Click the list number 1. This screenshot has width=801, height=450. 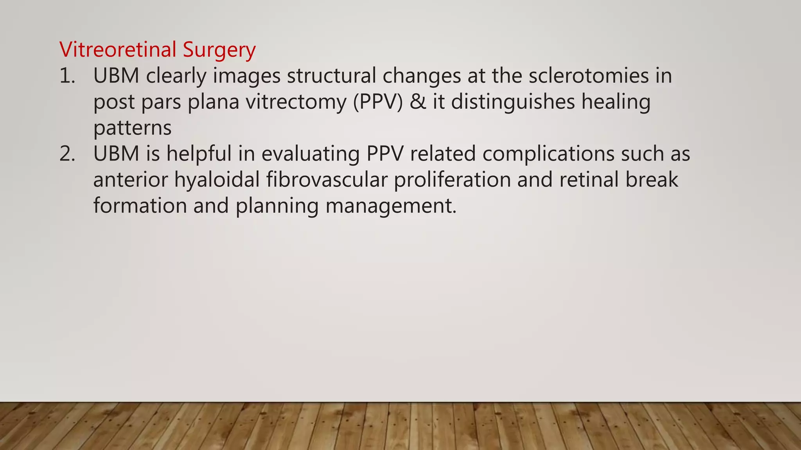click(x=67, y=76)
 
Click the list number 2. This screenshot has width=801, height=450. click(x=67, y=154)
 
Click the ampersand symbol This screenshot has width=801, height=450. click(x=418, y=102)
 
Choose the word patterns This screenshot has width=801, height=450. click(x=132, y=128)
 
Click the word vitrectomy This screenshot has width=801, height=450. click(x=296, y=102)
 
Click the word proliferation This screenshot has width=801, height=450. click(x=452, y=180)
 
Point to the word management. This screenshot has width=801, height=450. click(x=391, y=206)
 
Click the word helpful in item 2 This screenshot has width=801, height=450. click(x=199, y=154)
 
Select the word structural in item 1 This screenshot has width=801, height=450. click(x=331, y=76)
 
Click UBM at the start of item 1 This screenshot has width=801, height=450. click(x=116, y=76)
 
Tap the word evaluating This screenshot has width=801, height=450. click(x=311, y=154)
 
